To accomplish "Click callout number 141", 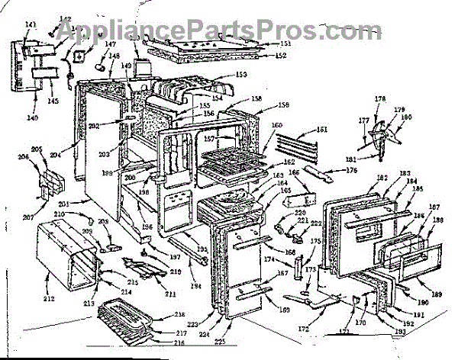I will click(x=31, y=25).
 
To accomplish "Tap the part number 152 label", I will click(x=281, y=56).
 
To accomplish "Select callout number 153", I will click(x=241, y=75).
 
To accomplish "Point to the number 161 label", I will click(x=321, y=130).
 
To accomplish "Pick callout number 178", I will click(x=380, y=100).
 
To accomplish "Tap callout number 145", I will click(x=53, y=101).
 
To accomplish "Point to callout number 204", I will click(x=76, y=155).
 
